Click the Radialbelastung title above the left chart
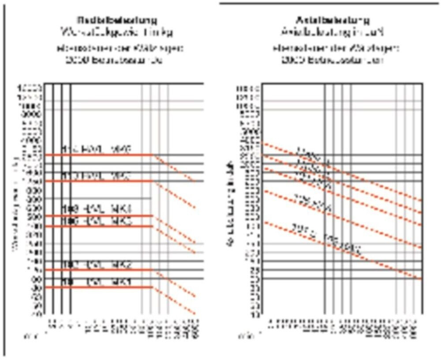(117, 20)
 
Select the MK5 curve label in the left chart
(96, 175)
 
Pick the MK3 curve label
(96, 220)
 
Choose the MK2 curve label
(96, 264)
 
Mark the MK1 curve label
(96, 281)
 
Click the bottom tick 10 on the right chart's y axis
(254, 314)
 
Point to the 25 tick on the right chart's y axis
(254, 270)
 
